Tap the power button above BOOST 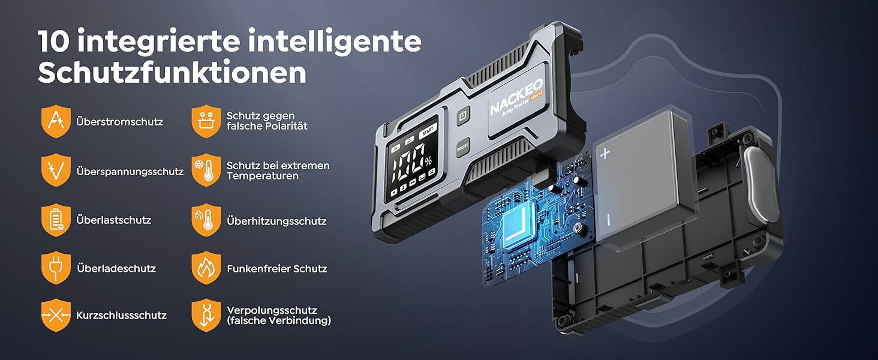tap(462, 116)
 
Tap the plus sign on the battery tap(605, 153)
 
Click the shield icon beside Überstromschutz tap(56, 121)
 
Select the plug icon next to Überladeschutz tap(56, 268)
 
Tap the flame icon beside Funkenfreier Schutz tap(206, 268)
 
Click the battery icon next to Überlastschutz tap(56, 220)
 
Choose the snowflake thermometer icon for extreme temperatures tap(206, 170)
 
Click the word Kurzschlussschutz tap(121, 315)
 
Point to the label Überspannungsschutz tap(130, 171)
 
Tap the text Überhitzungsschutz tap(276, 221)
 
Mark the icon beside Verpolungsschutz tap(206, 315)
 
